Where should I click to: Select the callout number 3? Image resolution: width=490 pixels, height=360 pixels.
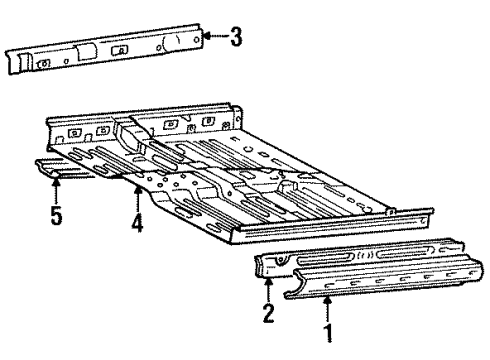coord(235,38)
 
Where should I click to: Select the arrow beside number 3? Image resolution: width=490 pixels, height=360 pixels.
coord(212,38)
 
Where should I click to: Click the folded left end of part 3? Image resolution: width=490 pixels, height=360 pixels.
coord(16,61)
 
